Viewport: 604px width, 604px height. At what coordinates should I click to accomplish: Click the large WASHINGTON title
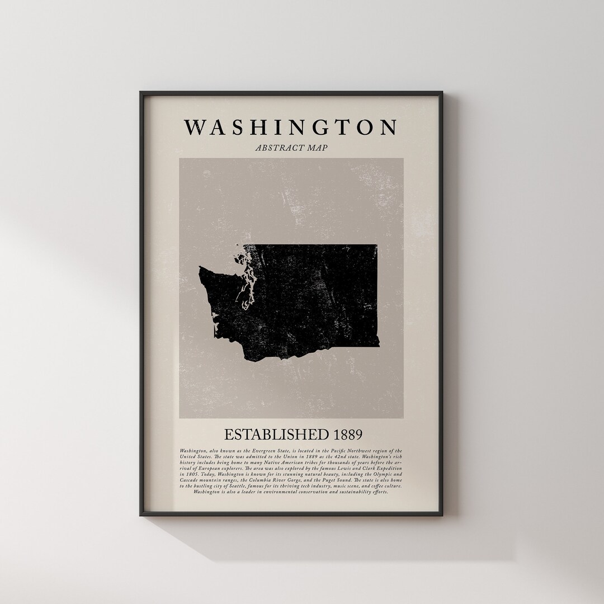tap(291, 127)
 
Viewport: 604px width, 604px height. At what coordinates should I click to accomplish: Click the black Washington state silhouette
tap(313, 296)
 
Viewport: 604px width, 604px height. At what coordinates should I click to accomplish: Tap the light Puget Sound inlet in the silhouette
tap(244, 294)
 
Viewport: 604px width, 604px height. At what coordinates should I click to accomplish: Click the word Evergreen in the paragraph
tap(263, 451)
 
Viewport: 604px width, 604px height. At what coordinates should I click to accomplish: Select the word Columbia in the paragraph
tap(260, 480)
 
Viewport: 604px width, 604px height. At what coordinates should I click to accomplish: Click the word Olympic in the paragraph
tap(383, 474)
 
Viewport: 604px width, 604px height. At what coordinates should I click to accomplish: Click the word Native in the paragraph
tap(271, 463)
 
